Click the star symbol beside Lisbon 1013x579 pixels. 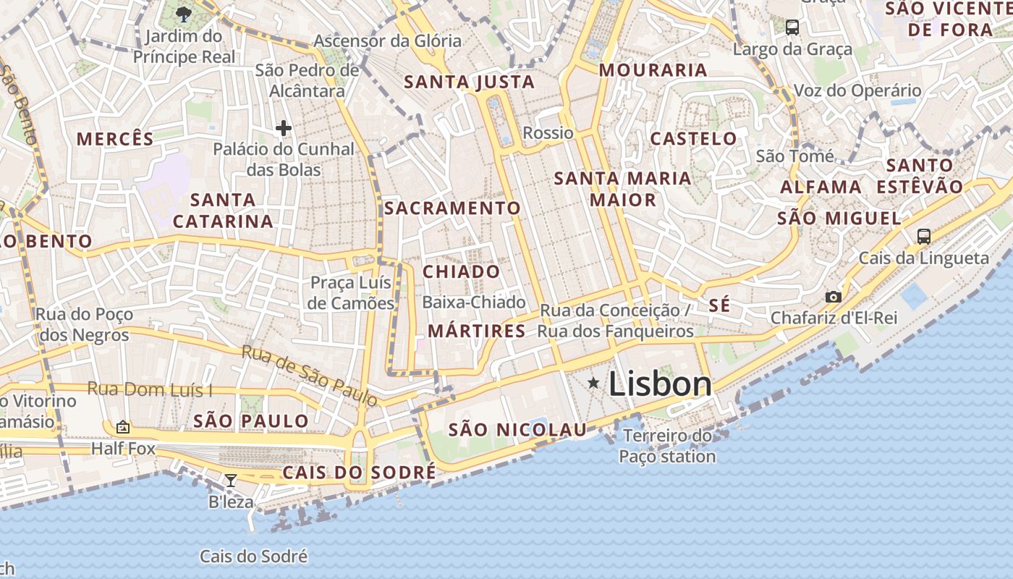tap(593, 382)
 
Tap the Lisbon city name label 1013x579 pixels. tap(660, 384)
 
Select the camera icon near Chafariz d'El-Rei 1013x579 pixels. tap(834, 297)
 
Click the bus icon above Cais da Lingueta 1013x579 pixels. tap(923, 236)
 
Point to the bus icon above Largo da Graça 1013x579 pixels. tap(792, 28)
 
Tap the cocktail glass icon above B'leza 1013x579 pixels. tap(231, 480)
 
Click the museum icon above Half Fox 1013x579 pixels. tap(123, 428)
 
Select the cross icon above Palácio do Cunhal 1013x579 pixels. tap(284, 129)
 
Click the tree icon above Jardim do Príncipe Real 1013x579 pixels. tap(184, 14)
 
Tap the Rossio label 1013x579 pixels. tap(548, 133)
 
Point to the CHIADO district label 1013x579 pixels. tap(461, 271)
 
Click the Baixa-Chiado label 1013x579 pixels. tap(474, 302)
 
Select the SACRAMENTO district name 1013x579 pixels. tap(452, 208)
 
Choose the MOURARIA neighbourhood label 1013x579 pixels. tap(653, 70)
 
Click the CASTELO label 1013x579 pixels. tap(693, 138)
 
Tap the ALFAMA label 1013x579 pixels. tap(821, 187)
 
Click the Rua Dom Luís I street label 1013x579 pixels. tap(150, 389)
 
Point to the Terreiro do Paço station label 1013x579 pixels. tap(667, 447)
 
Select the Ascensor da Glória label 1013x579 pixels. tap(387, 41)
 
